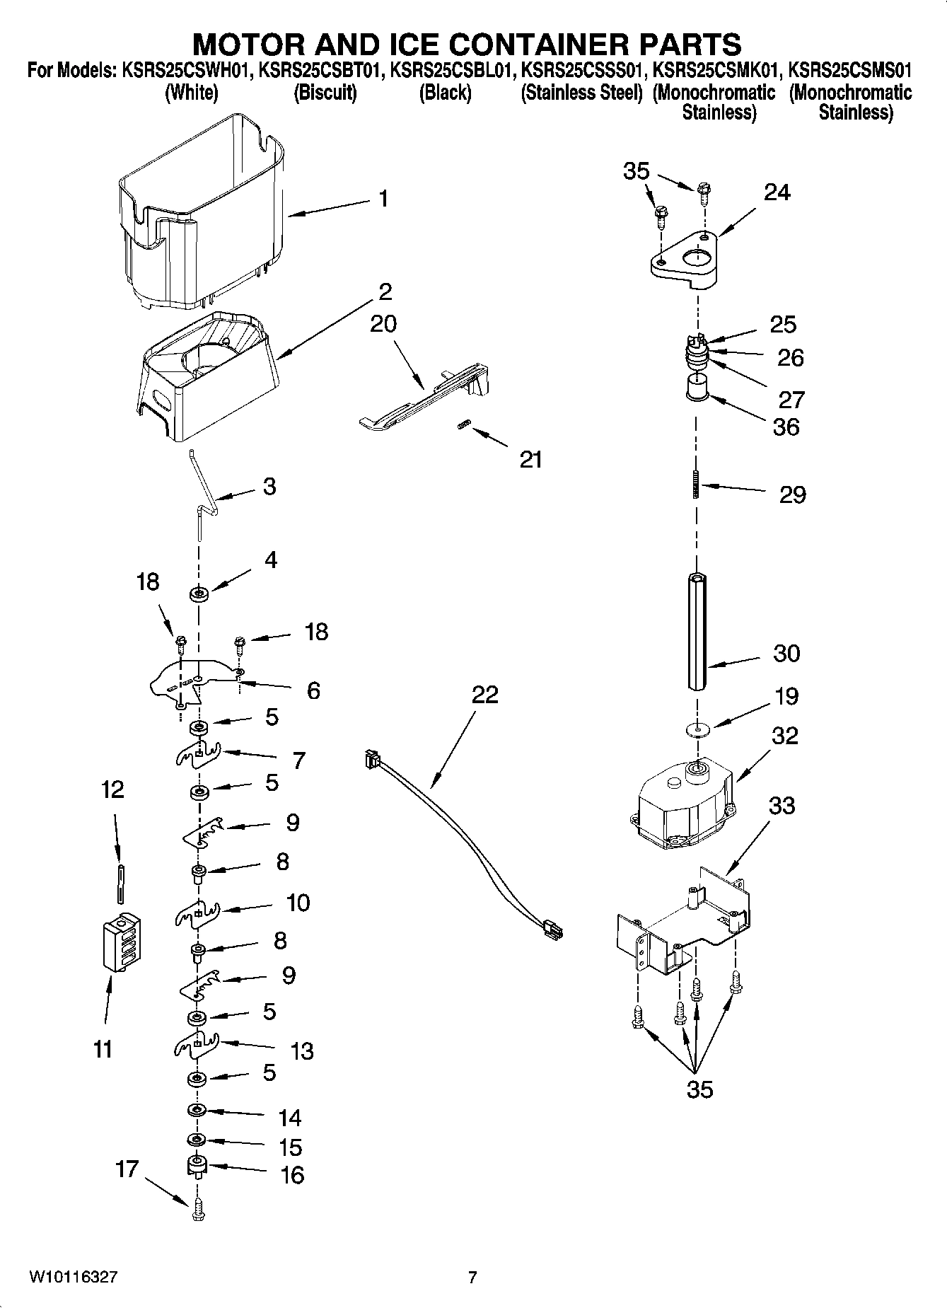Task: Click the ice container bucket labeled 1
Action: tap(202, 212)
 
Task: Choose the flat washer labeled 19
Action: tap(697, 729)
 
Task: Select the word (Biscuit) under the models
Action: tap(325, 93)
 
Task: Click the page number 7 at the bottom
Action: tap(472, 1277)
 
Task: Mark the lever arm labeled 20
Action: tap(424, 400)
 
